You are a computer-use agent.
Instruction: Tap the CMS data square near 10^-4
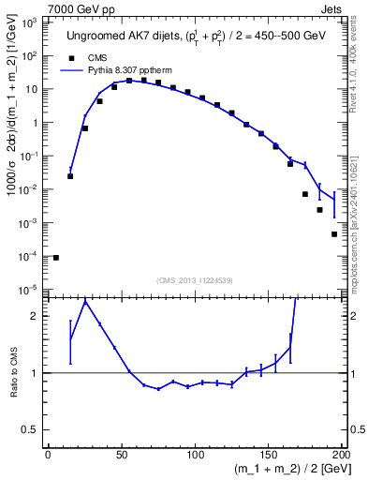pyautogui.click(x=56, y=257)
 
